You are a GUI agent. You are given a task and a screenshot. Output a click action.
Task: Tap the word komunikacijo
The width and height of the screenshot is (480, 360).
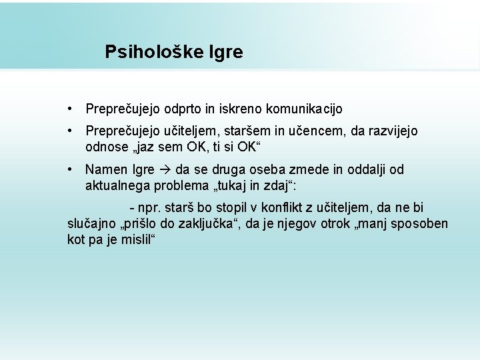coord(304,108)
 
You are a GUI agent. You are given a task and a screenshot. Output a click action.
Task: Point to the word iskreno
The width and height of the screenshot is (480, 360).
coord(242,108)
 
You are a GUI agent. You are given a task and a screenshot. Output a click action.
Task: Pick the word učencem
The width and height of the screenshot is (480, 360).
coord(313,131)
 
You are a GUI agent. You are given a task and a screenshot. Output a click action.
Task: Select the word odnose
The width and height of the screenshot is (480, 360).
coord(106,146)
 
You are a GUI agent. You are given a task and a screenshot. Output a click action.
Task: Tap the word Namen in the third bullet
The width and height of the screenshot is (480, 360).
coord(105,170)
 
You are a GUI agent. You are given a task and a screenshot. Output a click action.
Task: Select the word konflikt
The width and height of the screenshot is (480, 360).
coord(281,209)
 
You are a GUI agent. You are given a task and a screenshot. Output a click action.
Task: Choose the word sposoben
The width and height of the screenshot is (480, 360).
coord(421,223)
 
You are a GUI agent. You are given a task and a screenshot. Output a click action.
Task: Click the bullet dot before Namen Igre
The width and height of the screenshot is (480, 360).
coord(71,170)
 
